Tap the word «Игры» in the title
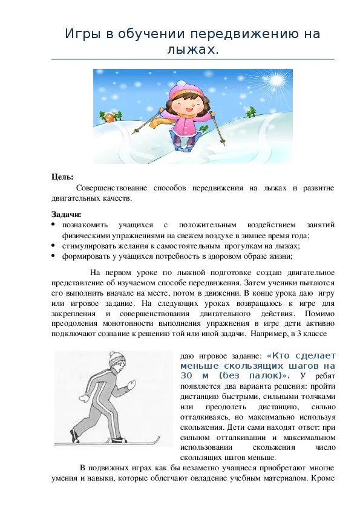coord(82,34)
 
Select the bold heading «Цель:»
coord(62,177)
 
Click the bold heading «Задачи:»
coord(66,214)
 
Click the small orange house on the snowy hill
coord(108,115)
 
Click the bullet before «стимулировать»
coord(53,245)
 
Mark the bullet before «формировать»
coord(53,256)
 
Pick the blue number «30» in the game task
coord(186,376)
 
